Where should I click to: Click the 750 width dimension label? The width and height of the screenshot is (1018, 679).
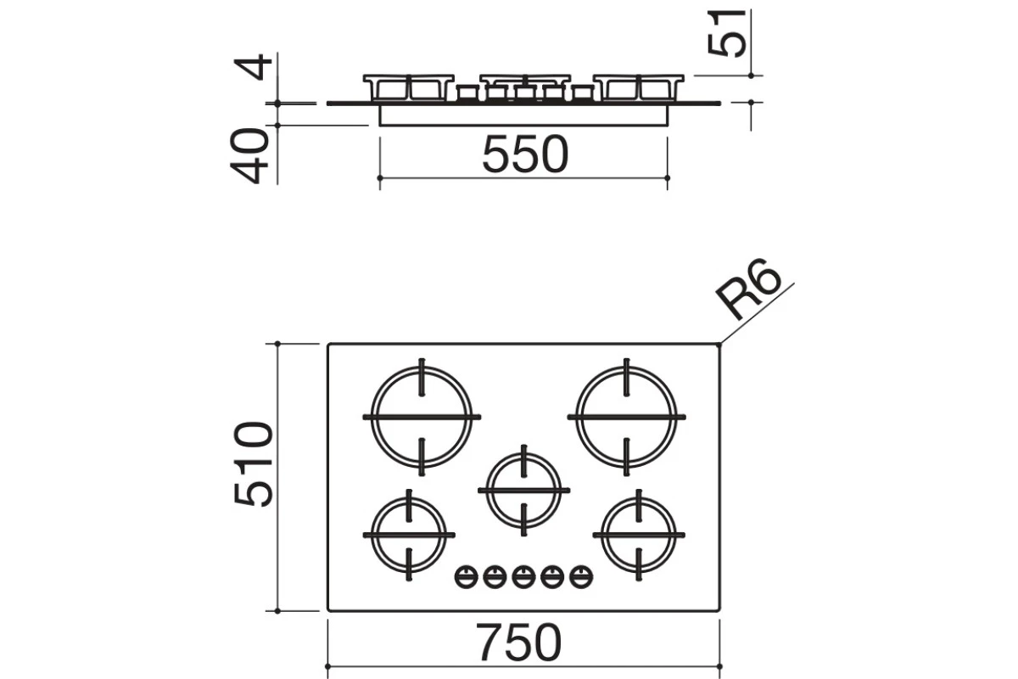[518, 642]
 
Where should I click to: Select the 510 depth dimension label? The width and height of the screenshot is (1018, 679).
[253, 464]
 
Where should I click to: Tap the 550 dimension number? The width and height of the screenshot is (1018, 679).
[525, 154]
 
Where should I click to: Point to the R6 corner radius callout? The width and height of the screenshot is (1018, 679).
[748, 289]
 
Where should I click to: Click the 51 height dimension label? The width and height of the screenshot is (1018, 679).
[727, 33]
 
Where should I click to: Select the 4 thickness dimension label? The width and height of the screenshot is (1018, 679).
[252, 67]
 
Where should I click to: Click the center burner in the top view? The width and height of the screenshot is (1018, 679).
[523, 491]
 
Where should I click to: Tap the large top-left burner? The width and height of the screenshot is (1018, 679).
[422, 417]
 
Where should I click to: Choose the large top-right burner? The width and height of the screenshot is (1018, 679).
[626, 417]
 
